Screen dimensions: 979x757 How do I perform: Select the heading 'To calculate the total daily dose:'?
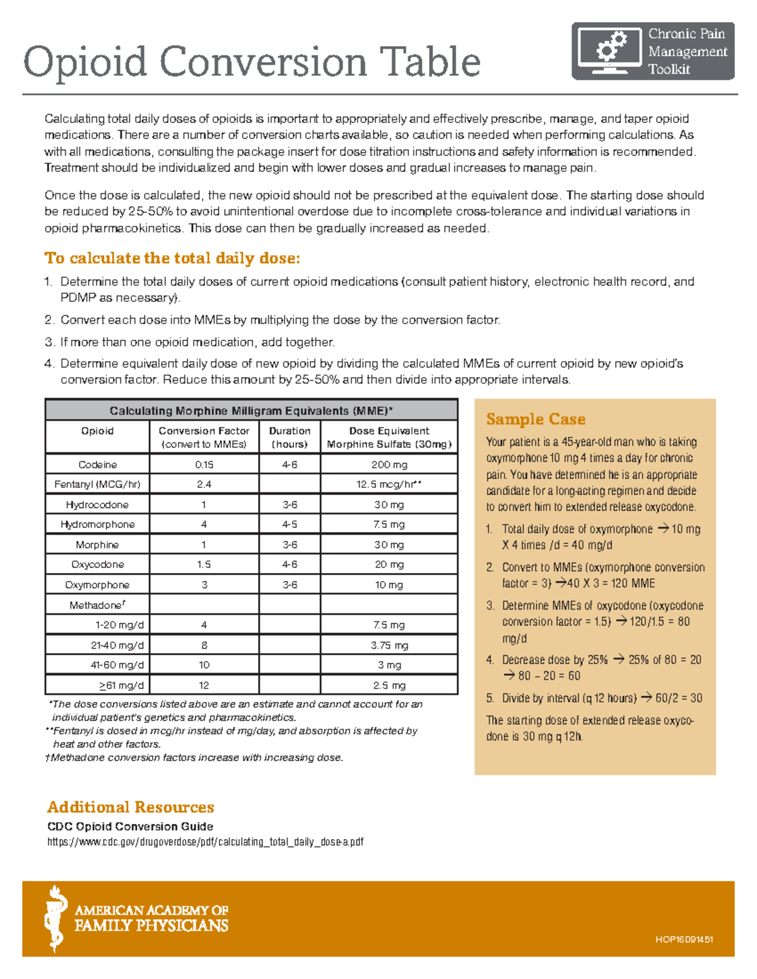172,258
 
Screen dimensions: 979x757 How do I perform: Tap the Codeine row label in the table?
97,465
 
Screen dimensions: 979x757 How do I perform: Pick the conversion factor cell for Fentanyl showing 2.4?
204,484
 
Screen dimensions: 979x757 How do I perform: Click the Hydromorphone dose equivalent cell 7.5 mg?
389,524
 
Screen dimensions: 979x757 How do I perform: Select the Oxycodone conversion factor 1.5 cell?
204,565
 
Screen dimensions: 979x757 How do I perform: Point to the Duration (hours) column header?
290,437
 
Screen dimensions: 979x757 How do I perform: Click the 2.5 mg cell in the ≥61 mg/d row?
389,685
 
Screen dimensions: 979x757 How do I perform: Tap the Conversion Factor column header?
204,437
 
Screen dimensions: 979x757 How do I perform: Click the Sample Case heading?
536,419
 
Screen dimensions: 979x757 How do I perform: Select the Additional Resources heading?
131,807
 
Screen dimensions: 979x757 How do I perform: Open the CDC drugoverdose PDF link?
205,842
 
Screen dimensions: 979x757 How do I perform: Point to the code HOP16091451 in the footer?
684,939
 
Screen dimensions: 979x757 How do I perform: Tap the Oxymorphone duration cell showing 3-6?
290,585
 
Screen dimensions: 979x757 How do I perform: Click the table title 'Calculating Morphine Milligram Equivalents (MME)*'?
251,411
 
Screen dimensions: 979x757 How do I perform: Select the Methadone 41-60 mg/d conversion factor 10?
204,665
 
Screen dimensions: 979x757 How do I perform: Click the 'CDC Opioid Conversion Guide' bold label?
130,826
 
